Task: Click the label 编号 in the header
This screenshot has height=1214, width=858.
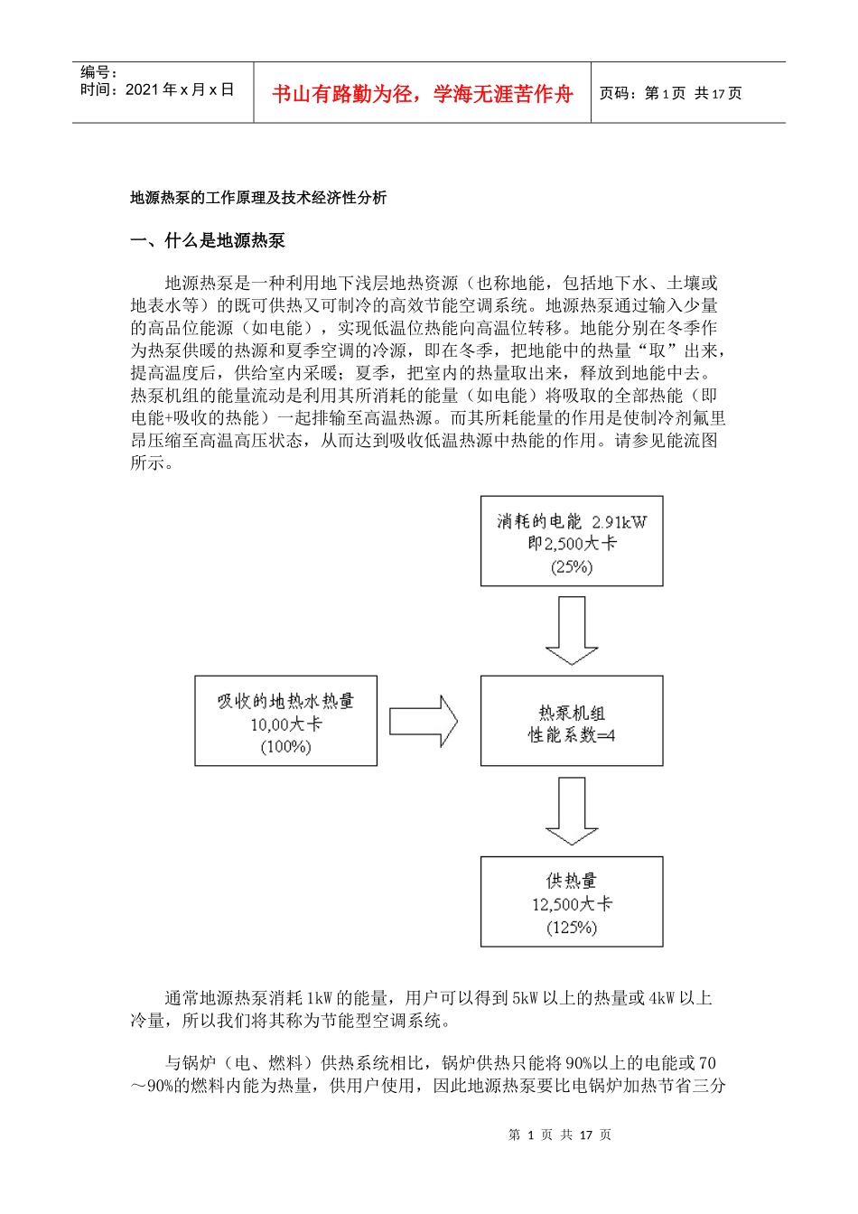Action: tap(98, 72)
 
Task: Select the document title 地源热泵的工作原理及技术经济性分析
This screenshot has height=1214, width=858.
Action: tap(258, 198)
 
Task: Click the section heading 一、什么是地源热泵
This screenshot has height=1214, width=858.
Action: tap(208, 240)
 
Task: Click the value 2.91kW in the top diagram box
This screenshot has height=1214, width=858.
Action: tap(620, 522)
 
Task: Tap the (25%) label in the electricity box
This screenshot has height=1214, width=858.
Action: tap(572, 567)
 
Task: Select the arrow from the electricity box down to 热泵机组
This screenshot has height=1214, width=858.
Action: tap(572, 630)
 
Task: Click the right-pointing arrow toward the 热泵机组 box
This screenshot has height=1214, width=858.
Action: tap(424, 721)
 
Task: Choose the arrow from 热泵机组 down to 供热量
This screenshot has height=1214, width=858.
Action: tap(572, 811)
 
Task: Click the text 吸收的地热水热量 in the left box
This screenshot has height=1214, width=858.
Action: tap(285, 701)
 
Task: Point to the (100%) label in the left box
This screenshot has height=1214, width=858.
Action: tap(285, 747)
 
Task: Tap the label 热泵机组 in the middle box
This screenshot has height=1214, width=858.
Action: tap(572, 713)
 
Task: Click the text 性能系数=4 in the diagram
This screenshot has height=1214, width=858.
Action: tap(572, 735)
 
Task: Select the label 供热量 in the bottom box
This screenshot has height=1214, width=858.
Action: tap(572, 881)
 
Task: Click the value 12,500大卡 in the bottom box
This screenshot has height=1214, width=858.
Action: tap(572, 904)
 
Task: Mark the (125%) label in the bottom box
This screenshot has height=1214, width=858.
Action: tap(572, 928)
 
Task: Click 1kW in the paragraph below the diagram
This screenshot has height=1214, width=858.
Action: tap(320, 998)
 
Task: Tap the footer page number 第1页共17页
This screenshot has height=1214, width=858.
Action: tap(560, 1135)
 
